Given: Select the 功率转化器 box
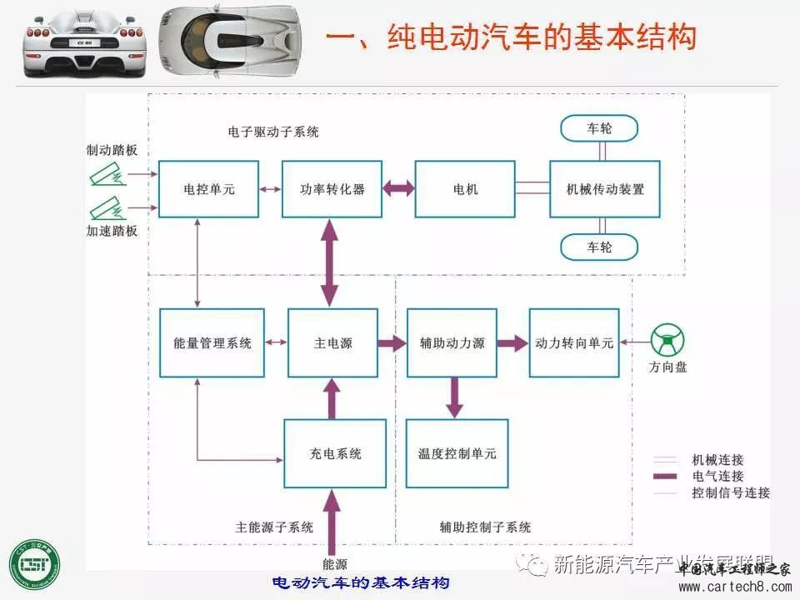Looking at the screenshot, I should coord(332,189).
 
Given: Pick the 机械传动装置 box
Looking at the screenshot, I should coord(604,189).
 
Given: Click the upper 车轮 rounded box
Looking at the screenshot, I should coord(598,128).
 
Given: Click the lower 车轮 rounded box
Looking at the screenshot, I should coord(598,247).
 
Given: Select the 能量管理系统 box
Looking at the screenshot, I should coord(212,342).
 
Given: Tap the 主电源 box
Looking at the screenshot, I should coord(332,342).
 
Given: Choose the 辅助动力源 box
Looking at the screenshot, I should coord(452,342).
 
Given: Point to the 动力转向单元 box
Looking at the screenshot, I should coord(574,342).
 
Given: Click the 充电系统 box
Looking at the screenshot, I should coord(335,453).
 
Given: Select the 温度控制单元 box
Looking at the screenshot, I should coord(457,453).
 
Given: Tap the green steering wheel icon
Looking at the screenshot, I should coord(667,342).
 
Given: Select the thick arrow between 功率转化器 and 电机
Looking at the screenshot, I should coord(399,189).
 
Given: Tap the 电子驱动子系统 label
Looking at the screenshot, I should coord(272,132).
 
